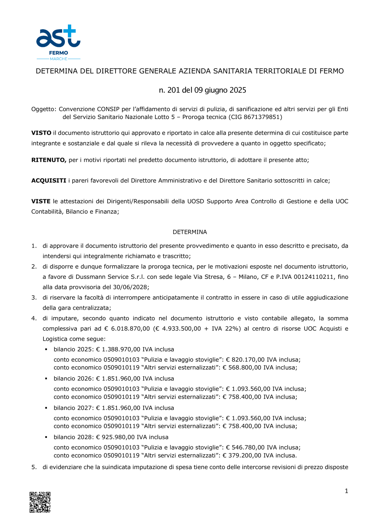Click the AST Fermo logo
coord(58,42)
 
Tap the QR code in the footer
coord(40,502)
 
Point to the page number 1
coord(346,491)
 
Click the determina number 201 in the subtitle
coord(174,90)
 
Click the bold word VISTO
coord(41,133)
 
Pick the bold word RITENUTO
coord(49,160)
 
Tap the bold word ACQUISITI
coord(49,181)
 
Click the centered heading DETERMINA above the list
coord(190,232)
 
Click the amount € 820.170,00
coord(245,360)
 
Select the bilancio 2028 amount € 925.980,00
coord(115,437)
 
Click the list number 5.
coord(34,467)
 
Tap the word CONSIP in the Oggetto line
coord(108,109)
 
